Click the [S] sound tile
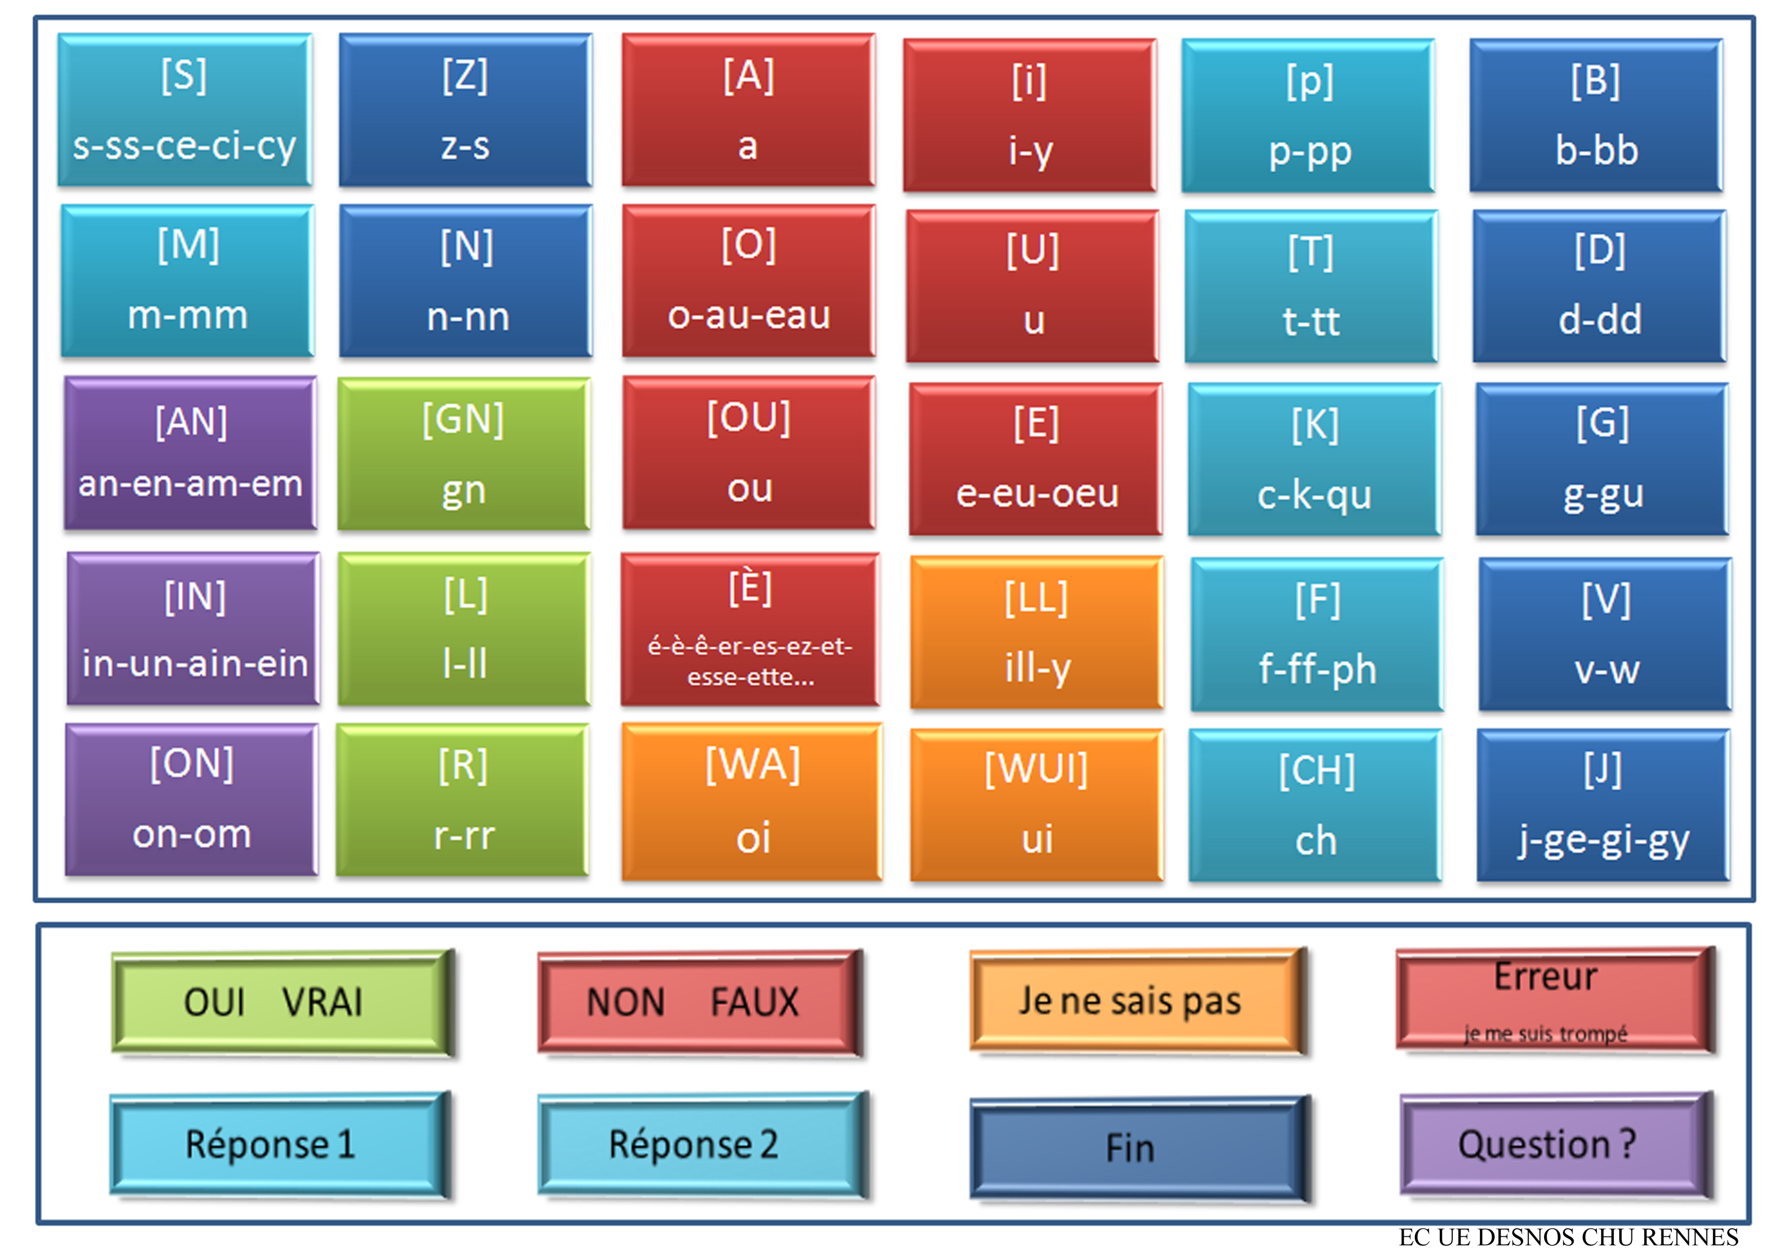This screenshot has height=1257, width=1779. tap(185, 110)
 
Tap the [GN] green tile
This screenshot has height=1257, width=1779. tap(464, 454)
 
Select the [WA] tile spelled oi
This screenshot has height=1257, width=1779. tap(752, 802)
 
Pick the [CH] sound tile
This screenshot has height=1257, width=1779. tap(1315, 805)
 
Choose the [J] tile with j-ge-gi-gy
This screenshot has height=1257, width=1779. tap(1603, 805)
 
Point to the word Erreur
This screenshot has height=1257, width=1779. tap(1546, 977)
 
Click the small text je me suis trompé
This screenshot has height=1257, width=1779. tap(1546, 1034)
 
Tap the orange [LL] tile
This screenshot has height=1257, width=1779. tap(1037, 632)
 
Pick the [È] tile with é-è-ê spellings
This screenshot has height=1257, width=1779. tap(750, 629)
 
